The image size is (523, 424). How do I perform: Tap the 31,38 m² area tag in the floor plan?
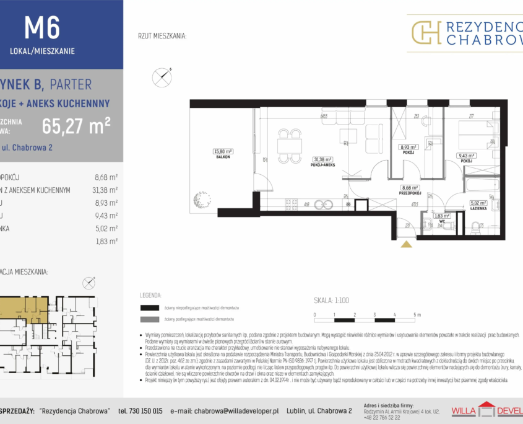tap(322, 159)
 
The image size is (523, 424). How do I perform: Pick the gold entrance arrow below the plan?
tap(406, 244)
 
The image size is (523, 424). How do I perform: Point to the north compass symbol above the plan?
tap(162, 77)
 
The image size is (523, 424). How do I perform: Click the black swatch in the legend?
tap(150, 307)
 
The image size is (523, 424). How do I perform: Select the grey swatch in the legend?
tap(150, 319)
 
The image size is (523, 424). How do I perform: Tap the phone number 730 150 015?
tap(140, 410)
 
